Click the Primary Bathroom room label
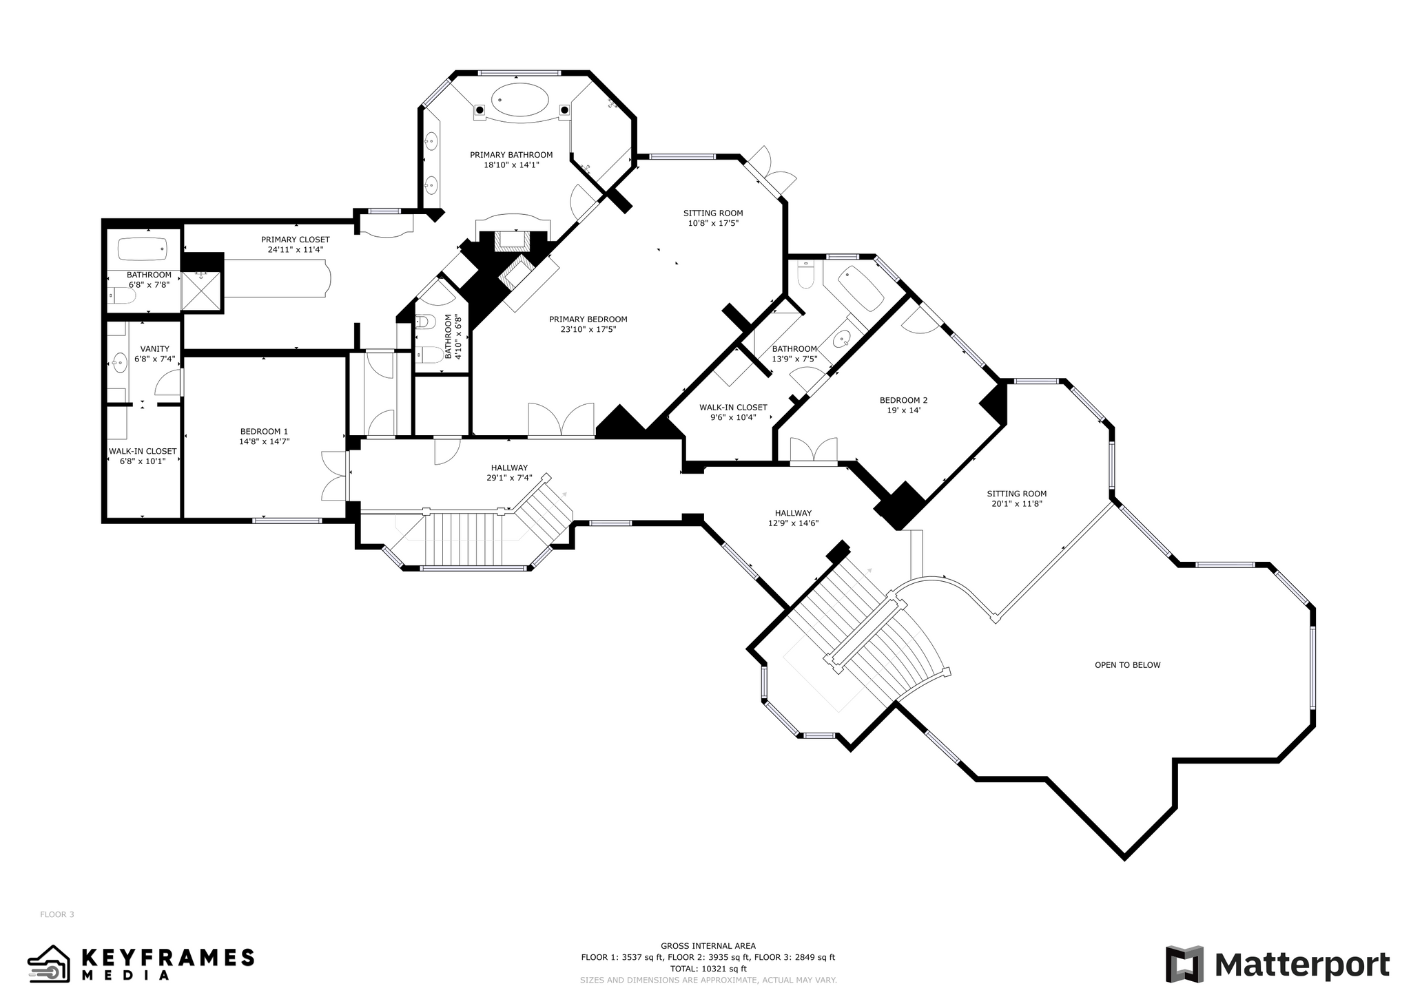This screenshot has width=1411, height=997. [511, 155]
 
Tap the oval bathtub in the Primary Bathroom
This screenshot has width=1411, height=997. [520, 101]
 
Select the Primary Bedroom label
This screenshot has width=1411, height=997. [588, 319]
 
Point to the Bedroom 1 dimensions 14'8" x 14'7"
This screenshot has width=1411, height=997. [264, 441]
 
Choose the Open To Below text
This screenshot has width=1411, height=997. [1127, 665]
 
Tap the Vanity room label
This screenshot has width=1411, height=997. [154, 349]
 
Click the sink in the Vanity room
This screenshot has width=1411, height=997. [120, 361]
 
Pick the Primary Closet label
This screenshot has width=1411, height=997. [295, 240]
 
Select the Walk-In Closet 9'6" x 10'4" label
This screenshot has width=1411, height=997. [733, 412]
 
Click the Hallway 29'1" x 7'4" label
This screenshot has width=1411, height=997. [509, 472]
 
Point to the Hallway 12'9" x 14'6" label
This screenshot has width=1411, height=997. [793, 518]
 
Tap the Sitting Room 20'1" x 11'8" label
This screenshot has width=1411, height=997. [1016, 498]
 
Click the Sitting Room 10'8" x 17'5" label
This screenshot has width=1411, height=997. [713, 218]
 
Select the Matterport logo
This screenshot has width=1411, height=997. [1277, 965]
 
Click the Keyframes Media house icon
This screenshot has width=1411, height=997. [49, 963]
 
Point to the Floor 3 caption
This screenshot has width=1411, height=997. [56, 914]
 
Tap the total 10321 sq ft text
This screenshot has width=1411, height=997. [708, 969]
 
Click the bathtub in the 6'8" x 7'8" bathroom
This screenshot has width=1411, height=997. [143, 248]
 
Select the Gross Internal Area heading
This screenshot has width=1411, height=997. [708, 946]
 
